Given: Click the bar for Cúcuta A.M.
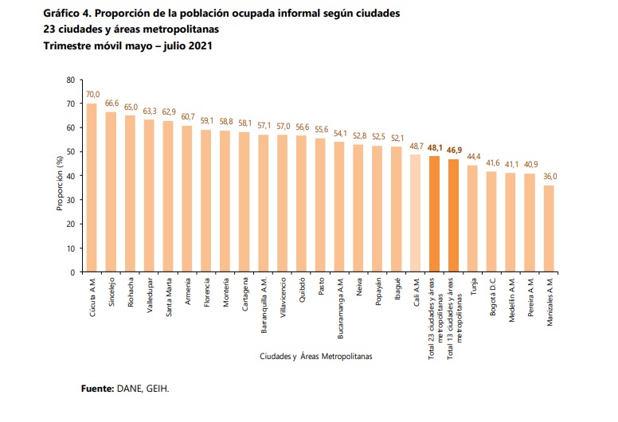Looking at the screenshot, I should click(x=92, y=188).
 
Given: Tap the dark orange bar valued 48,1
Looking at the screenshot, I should click(x=435, y=214).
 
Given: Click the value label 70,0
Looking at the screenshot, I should click(x=92, y=95).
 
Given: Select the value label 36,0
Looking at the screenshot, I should click(x=550, y=177).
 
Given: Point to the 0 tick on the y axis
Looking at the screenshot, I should click(x=72, y=272).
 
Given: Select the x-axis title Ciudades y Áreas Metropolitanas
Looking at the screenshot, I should click(x=315, y=356).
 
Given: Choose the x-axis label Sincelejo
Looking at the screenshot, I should click(x=111, y=294).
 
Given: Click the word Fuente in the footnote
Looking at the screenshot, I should click(x=98, y=389).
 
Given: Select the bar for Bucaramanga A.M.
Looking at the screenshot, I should click(x=339, y=207).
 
